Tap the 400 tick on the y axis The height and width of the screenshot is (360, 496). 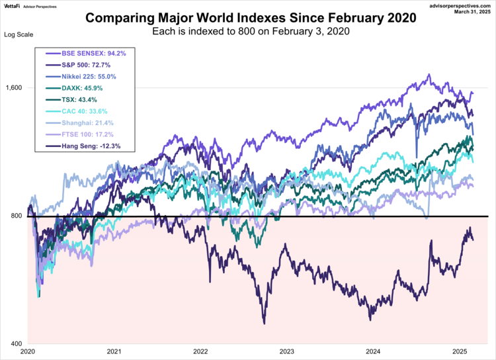point(15,344)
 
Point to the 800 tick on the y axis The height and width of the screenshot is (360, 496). point(15,216)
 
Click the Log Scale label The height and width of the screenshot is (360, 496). point(18,34)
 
